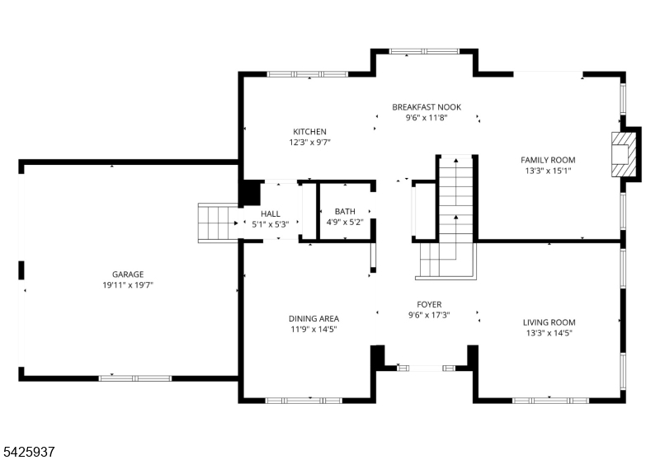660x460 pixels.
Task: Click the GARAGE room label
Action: tap(129, 274)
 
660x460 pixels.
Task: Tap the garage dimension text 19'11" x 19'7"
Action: tap(129, 284)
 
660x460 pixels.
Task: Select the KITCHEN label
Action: tap(310, 132)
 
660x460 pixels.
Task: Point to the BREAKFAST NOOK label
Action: tap(427, 107)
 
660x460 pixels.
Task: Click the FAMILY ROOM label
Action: tap(548, 160)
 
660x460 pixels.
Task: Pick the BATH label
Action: tap(346, 213)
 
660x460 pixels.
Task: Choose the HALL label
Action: tap(271, 214)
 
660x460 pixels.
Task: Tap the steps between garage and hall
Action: tap(217, 223)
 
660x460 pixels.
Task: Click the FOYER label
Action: tap(427, 303)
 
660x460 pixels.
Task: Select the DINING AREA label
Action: tap(313, 319)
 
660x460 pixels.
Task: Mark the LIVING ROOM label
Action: tap(549, 322)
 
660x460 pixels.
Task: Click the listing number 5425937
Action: tap(29, 451)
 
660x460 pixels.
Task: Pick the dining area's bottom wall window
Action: tap(302, 401)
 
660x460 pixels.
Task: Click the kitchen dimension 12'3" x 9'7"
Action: tap(310, 143)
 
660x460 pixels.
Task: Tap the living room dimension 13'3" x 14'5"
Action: tap(549, 333)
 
